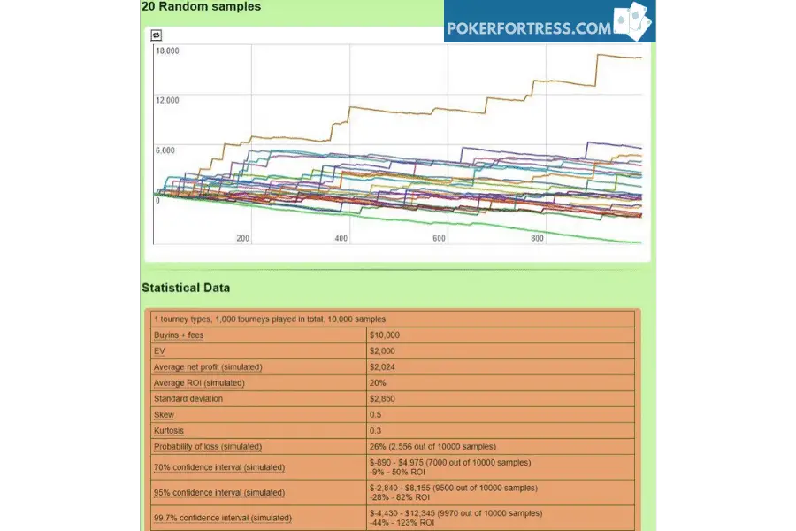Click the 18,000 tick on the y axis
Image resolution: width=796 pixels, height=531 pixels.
coord(167,50)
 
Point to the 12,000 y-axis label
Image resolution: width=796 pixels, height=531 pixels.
coord(167,100)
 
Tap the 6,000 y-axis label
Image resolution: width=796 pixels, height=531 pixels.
coord(165,150)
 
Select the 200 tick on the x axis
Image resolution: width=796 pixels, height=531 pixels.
coord(242,238)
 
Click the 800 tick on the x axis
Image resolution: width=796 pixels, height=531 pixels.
coord(537,238)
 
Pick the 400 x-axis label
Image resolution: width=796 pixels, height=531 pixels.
coord(341,238)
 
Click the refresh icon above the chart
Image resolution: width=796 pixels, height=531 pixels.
coord(157,35)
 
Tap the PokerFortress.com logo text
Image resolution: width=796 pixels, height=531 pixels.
coord(529,28)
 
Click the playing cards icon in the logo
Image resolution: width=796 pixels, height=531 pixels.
coord(632,21)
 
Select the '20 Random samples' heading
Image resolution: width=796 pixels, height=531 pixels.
coord(202,6)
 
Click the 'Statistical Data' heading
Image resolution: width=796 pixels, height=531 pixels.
coord(186,288)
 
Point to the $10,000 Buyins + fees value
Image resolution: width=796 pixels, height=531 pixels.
coord(385,335)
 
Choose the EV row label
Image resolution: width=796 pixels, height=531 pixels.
coord(159,350)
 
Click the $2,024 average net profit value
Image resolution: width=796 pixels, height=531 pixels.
coord(382,367)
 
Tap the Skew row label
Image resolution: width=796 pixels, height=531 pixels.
coord(164,415)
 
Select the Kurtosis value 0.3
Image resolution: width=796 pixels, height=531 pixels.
coord(375,430)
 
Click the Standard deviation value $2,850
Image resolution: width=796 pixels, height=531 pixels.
coord(382,398)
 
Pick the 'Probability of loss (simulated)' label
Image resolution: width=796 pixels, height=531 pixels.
coord(208,446)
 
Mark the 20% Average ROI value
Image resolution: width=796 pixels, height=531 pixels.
coord(378,382)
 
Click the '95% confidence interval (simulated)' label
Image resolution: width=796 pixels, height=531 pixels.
coord(219,492)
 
